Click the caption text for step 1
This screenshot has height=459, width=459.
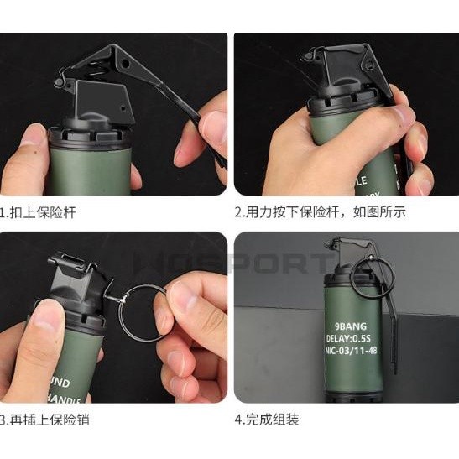point(39,212)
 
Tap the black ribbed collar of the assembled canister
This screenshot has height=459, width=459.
point(345,269)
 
